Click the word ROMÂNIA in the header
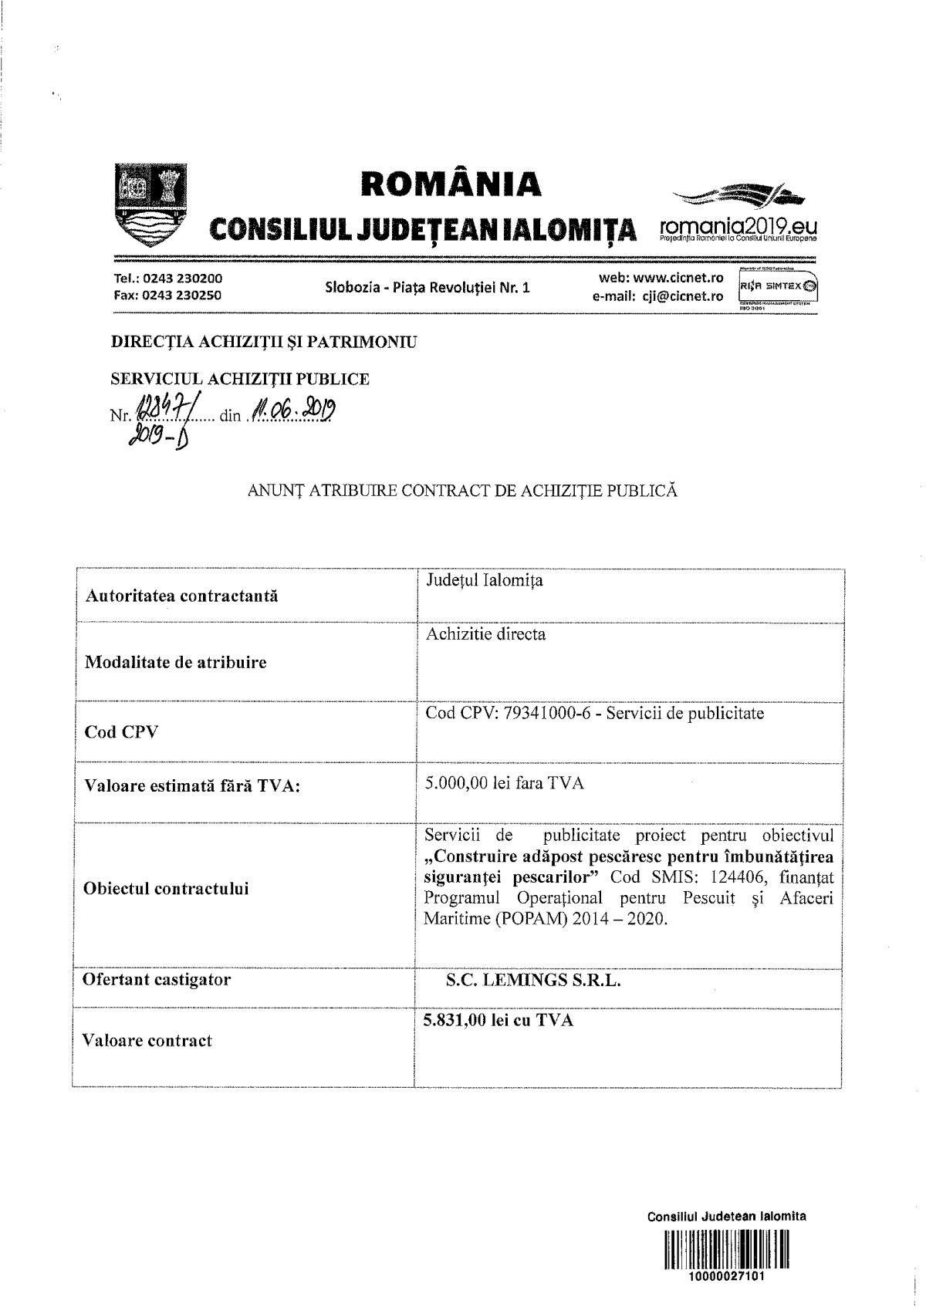(451, 184)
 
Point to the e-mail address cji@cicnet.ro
(679, 296)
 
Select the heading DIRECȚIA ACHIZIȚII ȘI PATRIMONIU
(264, 342)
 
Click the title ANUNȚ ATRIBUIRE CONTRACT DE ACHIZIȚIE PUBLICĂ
(463, 490)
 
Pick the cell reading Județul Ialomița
(485, 580)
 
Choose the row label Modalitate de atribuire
(176, 662)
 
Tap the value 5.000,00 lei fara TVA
(505, 783)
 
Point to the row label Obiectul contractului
(166, 888)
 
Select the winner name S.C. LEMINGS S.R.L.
(533, 981)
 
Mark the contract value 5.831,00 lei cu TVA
(498, 1020)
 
